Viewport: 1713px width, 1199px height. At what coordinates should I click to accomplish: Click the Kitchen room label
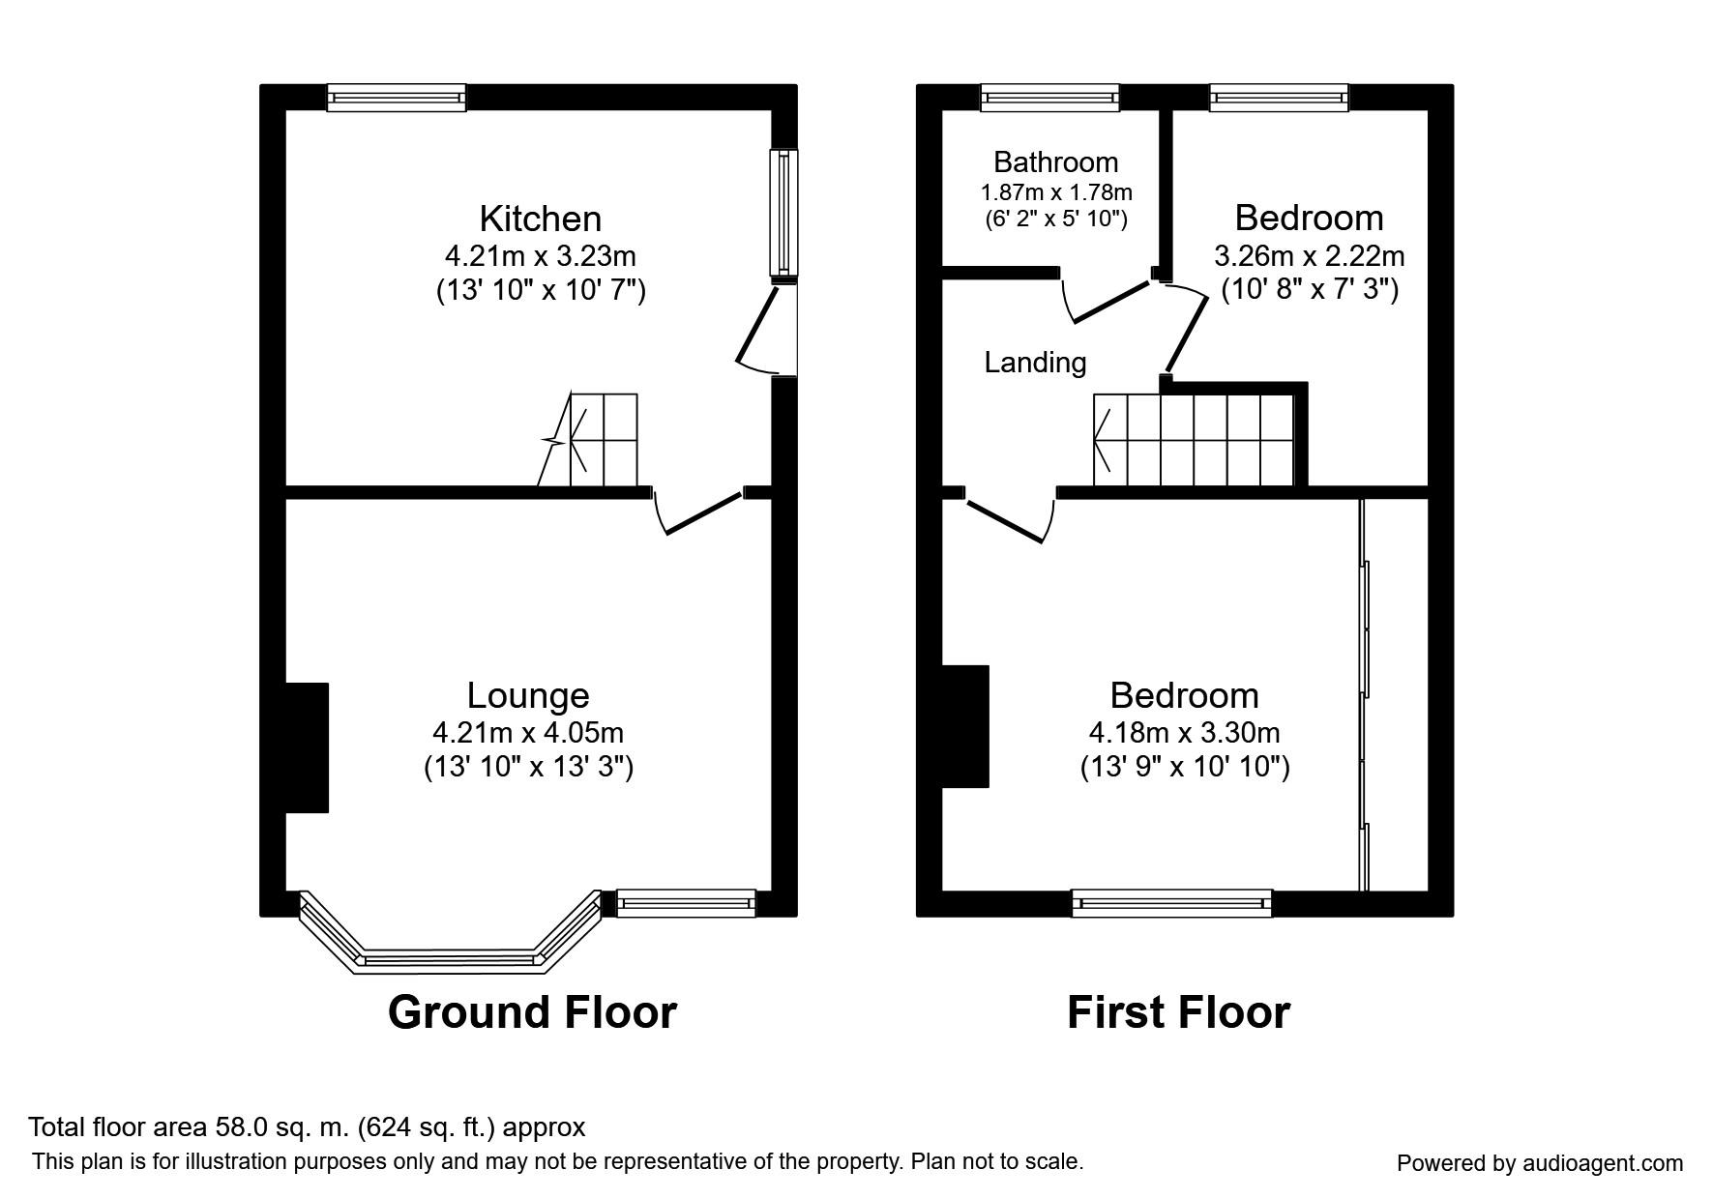pos(540,219)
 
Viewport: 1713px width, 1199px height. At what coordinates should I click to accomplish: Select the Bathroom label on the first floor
pos(1055,162)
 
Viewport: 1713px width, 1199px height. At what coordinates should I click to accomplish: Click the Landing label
pos(1035,363)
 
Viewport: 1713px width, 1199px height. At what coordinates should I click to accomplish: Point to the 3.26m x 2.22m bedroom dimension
pos(1309,256)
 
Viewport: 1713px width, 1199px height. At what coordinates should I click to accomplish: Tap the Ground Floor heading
pos(532,1012)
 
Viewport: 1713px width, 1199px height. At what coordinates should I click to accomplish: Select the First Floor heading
pos(1178,1012)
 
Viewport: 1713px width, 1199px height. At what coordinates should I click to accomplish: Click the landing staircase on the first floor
pos(1195,440)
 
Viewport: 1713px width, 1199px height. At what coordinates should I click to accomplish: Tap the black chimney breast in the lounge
pos(307,746)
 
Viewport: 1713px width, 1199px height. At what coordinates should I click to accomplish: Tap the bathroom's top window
pos(1049,97)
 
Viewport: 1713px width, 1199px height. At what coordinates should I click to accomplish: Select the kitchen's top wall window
pos(396,97)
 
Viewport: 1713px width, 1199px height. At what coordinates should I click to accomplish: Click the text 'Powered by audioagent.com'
pos(1539,1163)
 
